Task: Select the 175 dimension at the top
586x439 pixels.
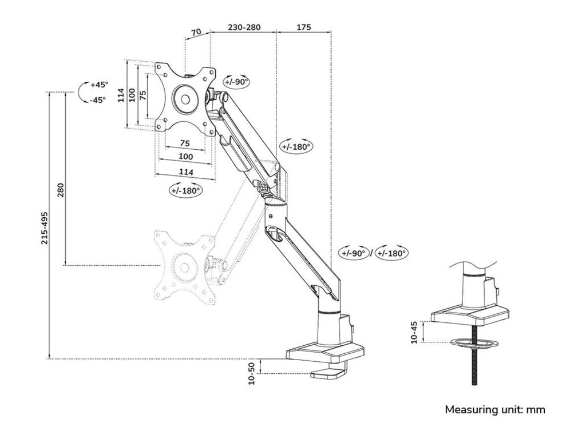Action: (304, 26)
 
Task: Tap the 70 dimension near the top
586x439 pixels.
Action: (196, 33)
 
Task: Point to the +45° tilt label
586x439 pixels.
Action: (98, 85)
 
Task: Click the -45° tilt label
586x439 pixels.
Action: (98, 99)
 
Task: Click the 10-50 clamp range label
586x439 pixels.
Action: (251, 373)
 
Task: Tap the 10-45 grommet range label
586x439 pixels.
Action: (414, 332)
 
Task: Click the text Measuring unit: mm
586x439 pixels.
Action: (495, 410)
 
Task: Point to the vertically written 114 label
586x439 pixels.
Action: (121, 95)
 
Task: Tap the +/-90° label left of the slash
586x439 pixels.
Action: (355, 253)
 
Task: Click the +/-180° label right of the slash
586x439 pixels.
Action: (391, 253)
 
